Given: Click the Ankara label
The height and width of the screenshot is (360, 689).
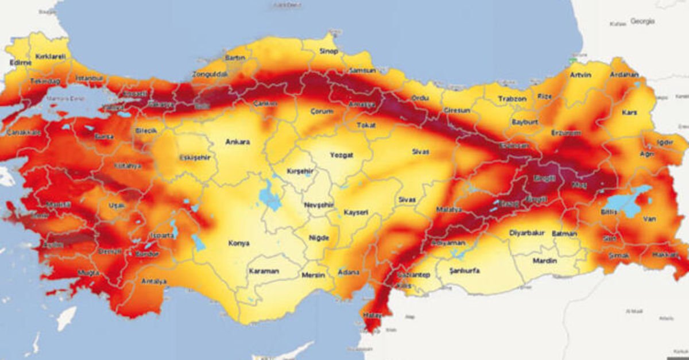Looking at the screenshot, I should pyautogui.click(x=238, y=142).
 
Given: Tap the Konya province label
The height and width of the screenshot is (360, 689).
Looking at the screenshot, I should pyautogui.click(x=238, y=243).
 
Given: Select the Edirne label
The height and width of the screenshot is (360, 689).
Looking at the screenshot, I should pyautogui.click(x=20, y=63).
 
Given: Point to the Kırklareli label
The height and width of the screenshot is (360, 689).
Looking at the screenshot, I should pyautogui.click(x=51, y=56).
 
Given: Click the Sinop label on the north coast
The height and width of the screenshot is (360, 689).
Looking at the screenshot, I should pyautogui.click(x=329, y=51).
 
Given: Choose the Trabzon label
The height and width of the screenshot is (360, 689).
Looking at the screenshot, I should pyautogui.click(x=512, y=99).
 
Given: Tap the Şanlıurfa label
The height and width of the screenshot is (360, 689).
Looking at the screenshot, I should pyautogui.click(x=465, y=270).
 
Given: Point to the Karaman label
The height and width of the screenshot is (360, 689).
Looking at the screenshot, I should pyautogui.click(x=264, y=271).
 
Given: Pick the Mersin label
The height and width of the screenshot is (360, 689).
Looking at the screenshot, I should pyautogui.click(x=313, y=273).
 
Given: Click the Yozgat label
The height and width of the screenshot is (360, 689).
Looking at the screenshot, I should pyautogui.click(x=342, y=154).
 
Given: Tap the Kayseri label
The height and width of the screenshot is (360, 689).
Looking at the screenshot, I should pyautogui.click(x=355, y=212).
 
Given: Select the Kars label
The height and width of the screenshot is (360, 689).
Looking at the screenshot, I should pyautogui.click(x=629, y=113).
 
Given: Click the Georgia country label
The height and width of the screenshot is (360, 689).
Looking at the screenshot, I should pyautogui.click(x=642, y=21).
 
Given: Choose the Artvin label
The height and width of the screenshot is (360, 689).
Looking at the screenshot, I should pyautogui.click(x=580, y=75).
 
